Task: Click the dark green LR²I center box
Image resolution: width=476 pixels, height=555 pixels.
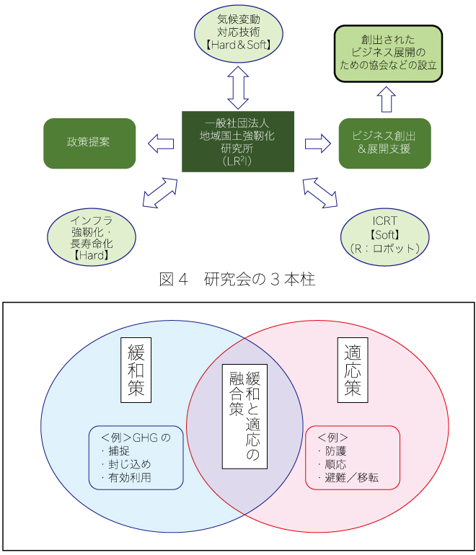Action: click(238, 141)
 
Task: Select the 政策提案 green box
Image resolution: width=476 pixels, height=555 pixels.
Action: click(89, 143)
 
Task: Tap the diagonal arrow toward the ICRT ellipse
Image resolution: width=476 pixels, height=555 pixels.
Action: click(319, 192)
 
